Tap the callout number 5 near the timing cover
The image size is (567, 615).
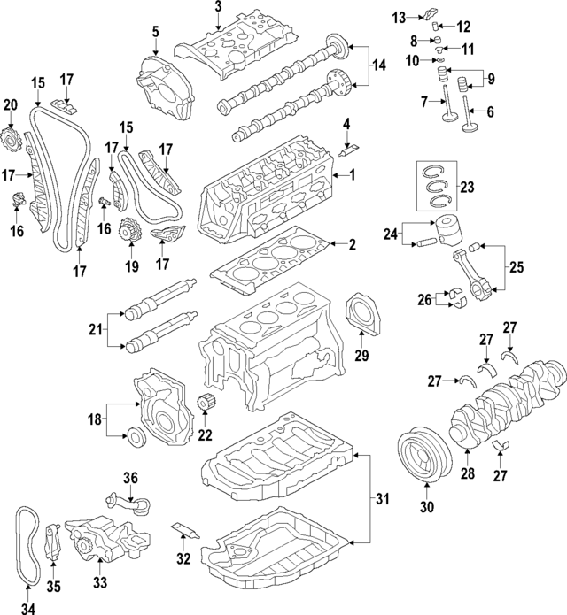pyautogui.click(x=155, y=33)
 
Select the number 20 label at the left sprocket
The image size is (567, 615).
pyautogui.click(x=10, y=106)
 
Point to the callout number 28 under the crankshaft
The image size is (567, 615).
pyautogui.click(x=468, y=474)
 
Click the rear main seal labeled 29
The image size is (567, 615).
pyautogui.click(x=361, y=317)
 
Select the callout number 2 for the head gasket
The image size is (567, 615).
pyautogui.click(x=352, y=244)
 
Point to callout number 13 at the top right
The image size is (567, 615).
pyautogui.click(x=400, y=17)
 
